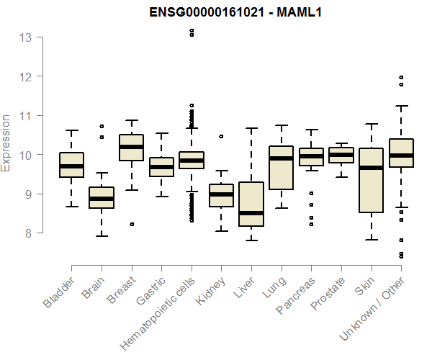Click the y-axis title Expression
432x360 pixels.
tap(6, 142)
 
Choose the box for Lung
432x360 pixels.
tap(282, 168)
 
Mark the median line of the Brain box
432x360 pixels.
tap(102, 198)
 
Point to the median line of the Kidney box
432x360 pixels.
tap(221, 194)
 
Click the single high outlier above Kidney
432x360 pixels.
tap(221, 136)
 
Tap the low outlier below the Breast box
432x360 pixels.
tap(131, 224)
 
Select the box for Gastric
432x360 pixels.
tap(161, 167)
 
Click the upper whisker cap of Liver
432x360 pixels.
tap(251, 129)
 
